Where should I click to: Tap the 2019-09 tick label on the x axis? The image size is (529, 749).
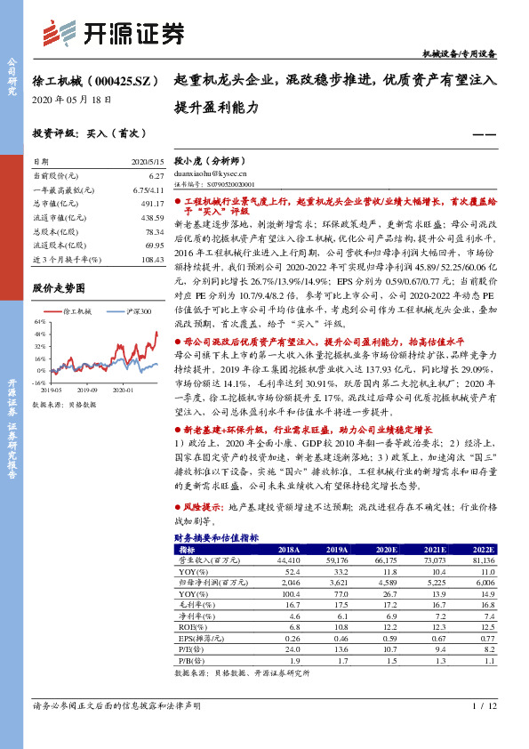tap(86, 390)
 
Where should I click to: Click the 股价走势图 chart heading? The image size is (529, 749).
tap(59, 288)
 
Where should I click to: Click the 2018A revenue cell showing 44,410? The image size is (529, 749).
tap(289, 560)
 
